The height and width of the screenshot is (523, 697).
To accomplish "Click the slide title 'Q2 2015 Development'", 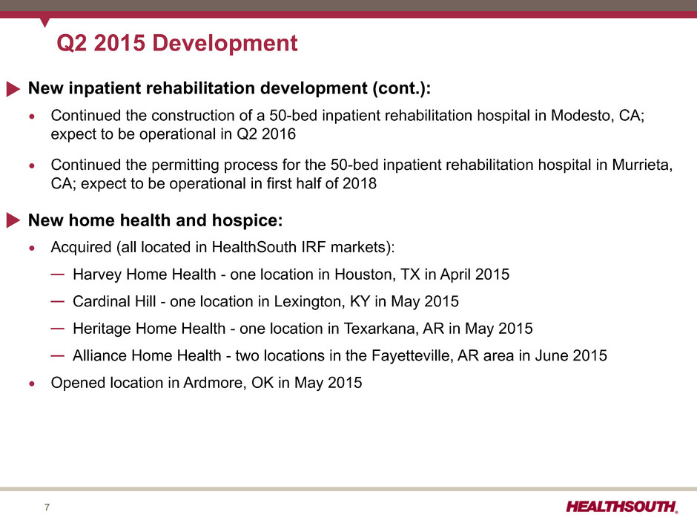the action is click(177, 44).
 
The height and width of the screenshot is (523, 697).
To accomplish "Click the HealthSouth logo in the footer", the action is click(622, 507).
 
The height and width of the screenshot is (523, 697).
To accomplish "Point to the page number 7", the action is click(47, 507).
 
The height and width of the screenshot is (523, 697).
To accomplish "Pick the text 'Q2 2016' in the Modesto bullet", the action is click(265, 134).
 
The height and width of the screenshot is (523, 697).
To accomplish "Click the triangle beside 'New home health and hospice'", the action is click(13, 220).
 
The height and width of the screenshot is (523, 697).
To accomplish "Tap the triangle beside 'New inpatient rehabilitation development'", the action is click(13, 89).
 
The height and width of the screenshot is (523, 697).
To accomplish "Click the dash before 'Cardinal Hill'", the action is click(57, 301).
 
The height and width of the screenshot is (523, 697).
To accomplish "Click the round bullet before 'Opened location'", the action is click(32, 384).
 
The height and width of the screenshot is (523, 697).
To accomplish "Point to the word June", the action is click(551, 356).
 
